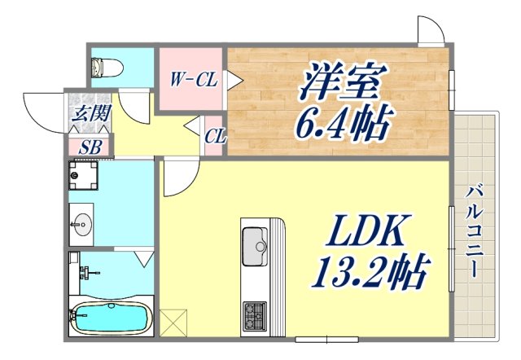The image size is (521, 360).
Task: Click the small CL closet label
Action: click(215, 136)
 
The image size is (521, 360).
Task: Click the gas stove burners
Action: click(254, 311)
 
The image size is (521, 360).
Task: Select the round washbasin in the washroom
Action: click(82, 225)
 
